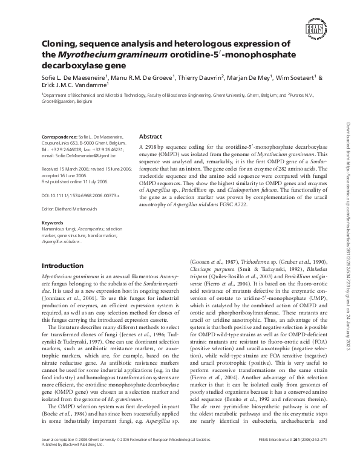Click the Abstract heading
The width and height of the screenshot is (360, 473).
click(151, 137)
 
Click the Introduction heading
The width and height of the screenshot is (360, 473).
click(62, 266)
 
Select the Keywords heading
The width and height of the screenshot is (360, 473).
click(51, 223)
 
